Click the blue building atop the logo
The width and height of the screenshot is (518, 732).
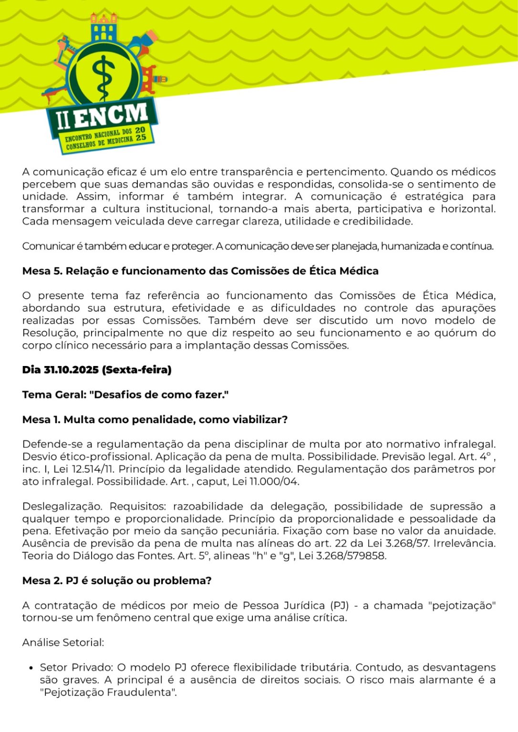pyautogui.click(x=104, y=29)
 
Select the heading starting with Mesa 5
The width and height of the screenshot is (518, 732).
pyautogui.click(x=200, y=271)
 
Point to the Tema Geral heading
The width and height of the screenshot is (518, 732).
pyautogui.click(x=125, y=395)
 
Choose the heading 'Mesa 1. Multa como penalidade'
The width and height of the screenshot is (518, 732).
pyautogui.click(x=155, y=419)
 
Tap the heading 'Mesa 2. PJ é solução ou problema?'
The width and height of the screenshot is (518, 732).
pyautogui.click(x=117, y=580)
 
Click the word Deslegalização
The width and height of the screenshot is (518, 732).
pyautogui.click(x=62, y=506)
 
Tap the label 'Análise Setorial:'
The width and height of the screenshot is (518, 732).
pyautogui.click(x=63, y=642)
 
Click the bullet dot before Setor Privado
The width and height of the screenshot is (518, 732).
pyautogui.click(x=31, y=668)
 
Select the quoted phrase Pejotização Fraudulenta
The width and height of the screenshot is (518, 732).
pyautogui.click(x=108, y=692)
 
